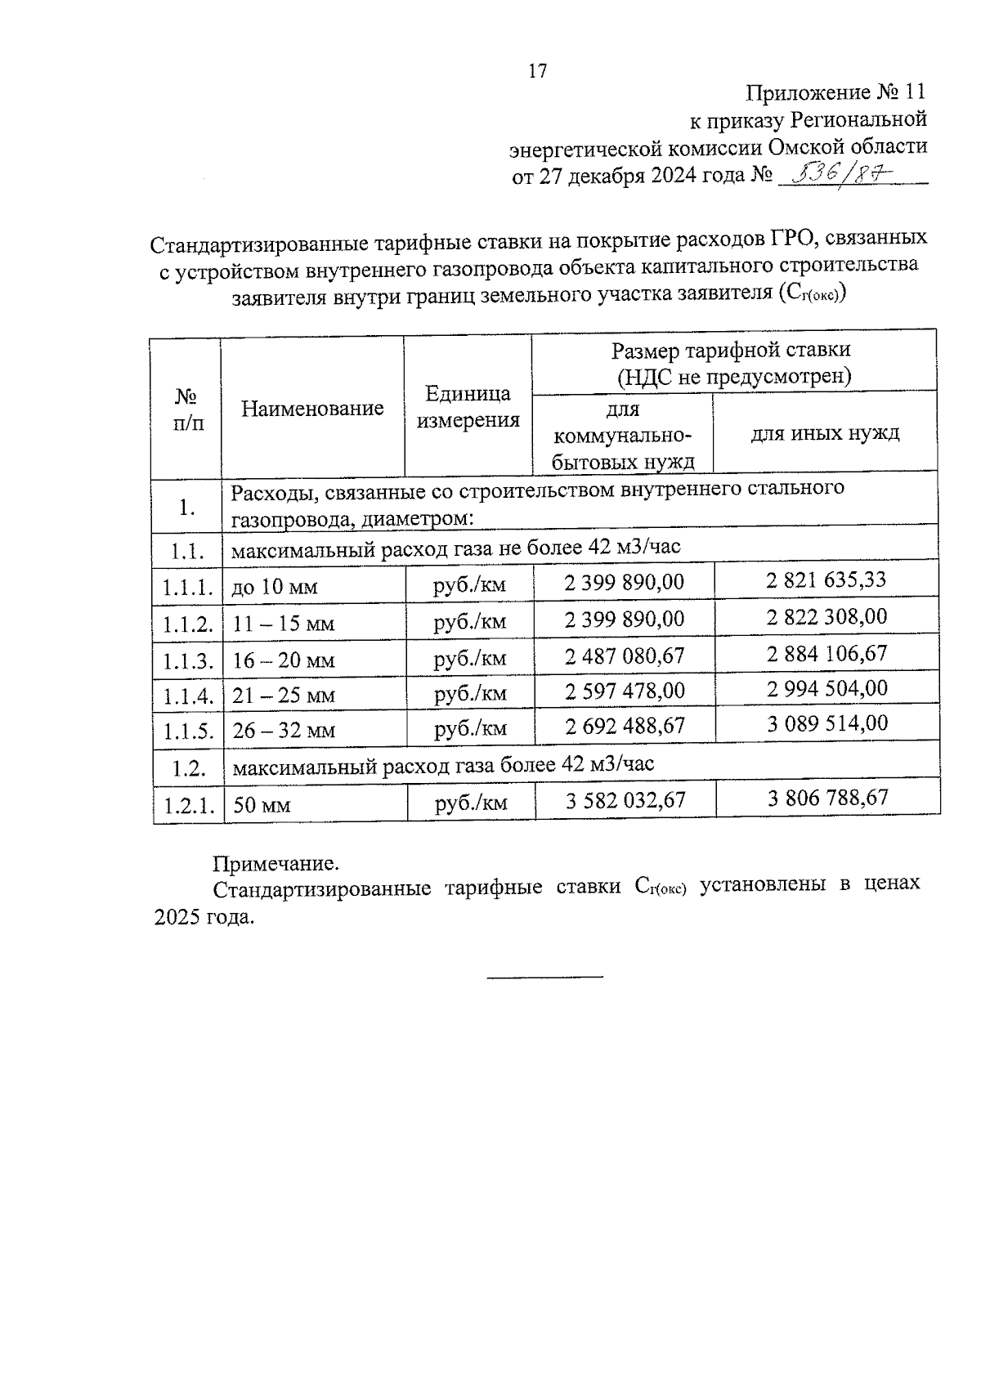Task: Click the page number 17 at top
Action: [x=538, y=71]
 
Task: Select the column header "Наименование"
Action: [x=312, y=408]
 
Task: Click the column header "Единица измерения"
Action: [x=468, y=407]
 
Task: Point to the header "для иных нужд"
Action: [x=825, y=432]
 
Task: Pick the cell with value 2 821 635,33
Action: [x=826, y=579]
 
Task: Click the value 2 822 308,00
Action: [x=826, y=616]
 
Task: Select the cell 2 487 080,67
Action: [x=625, y=655]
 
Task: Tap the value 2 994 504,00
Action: [x=826, y=688]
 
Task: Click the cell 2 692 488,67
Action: [x=625, y=726]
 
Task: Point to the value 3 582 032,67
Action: [x=626, y=800]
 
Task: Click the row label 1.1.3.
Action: [x=187, y=660]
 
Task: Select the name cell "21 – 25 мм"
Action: [x=284, y=696]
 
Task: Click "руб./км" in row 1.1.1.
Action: [x=469, y=585]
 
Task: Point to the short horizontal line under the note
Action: [x=545, y=976]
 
